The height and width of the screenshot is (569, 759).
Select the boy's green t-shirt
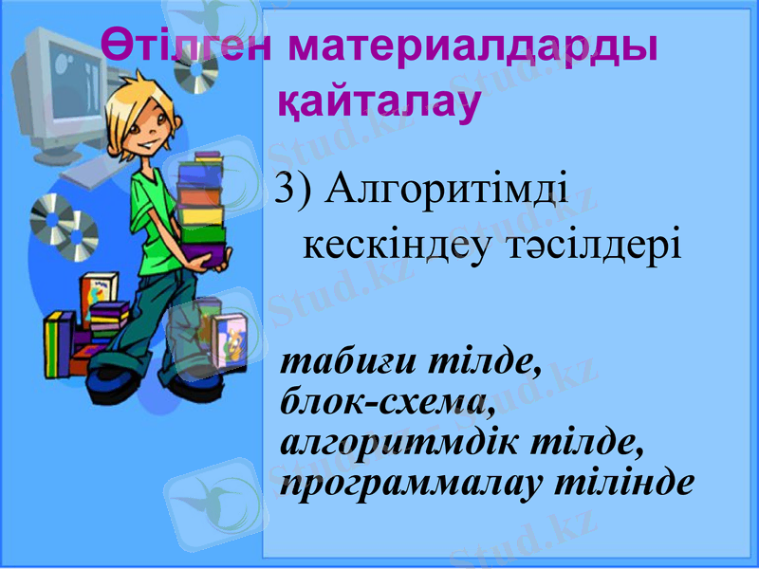tap(152, 204)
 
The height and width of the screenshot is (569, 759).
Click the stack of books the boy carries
tap(202, 204)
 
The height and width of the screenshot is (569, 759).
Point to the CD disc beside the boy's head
tap(197, 76)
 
